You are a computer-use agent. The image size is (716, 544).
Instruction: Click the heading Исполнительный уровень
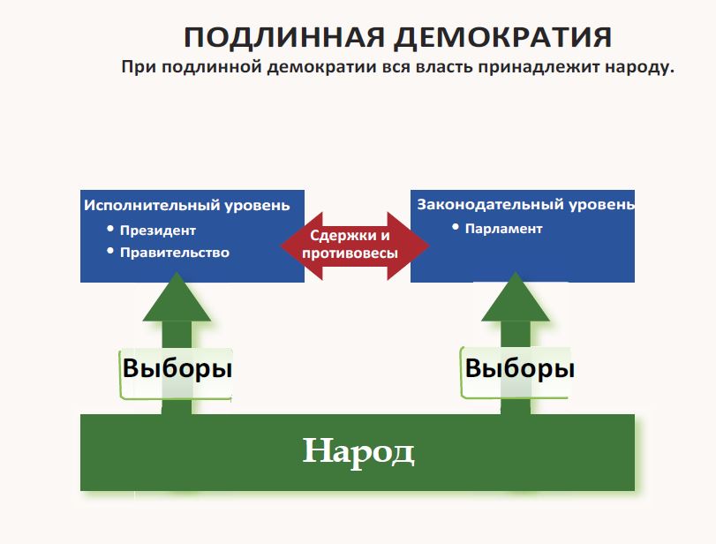(x=186, y=206)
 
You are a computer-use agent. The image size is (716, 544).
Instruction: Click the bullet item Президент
(x=159, y=230)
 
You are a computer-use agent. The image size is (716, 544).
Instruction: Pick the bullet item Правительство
(x=176, y=253)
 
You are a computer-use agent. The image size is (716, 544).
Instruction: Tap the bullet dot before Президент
(x=110, y=229)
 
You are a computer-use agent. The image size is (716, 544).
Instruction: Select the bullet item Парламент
(x=503, y=229)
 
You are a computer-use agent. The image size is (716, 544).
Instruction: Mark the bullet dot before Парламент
(x=456, y=227)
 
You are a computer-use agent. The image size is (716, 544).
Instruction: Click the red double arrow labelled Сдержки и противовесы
(x=353, y=245)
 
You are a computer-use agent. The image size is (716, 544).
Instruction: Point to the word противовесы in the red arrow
(x=350, y=253)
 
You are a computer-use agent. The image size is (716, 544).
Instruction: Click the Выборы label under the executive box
(x=177, y=368)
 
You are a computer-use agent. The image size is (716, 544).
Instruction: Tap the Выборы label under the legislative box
(x=519, y=368)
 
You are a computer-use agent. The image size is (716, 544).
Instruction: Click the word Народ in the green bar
(x=358, y=451)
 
